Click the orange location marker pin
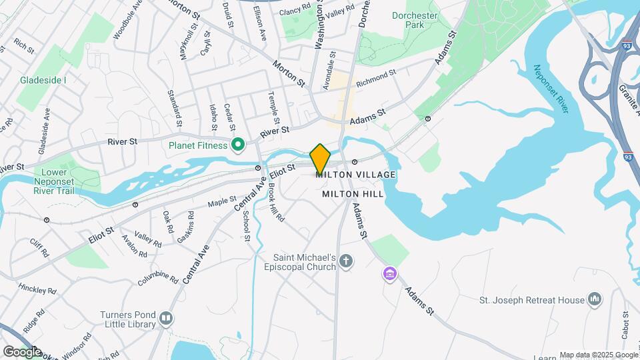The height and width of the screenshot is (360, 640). [320, 159]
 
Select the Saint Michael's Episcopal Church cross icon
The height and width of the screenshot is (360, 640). [345, 261]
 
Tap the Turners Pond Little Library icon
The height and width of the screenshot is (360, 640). [165, 319]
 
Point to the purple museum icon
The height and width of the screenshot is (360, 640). [389, 273]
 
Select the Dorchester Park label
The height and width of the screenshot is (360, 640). [415, 20]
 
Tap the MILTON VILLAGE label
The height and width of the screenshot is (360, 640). [356, 175]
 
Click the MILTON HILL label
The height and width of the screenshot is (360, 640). [353, 194]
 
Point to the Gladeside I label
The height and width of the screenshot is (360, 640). [43, 80]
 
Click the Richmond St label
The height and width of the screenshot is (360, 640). [376, 79]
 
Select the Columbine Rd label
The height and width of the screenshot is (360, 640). [158, 277]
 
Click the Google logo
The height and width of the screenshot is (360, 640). [22, 351]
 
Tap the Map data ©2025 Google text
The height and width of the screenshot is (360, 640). [598, 355]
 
